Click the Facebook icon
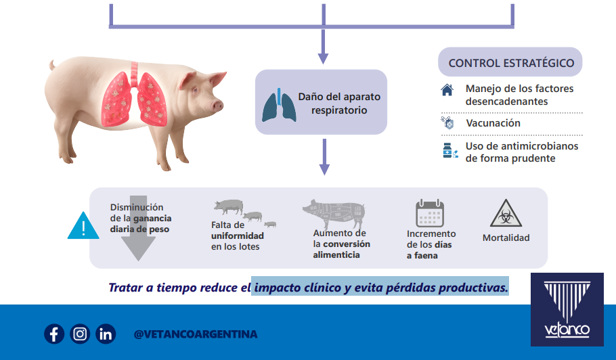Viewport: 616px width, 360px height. (54, 334)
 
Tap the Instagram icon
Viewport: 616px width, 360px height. (80, 334)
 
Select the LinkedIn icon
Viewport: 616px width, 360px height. (106, 334)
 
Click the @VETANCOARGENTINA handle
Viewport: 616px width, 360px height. (196, 334)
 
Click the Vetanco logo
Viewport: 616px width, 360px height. (567, 309)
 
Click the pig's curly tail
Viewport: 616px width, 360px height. (51, 65)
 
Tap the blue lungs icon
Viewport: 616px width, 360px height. (279, 105)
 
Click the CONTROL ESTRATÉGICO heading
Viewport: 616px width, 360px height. (511, 63)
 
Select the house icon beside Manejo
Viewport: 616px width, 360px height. (447, 90)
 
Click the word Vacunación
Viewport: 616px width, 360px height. (493, 123)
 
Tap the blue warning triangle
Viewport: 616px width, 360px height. (83, 227)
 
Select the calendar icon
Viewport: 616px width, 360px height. (430, 212)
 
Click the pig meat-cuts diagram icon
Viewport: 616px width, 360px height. (334, 215)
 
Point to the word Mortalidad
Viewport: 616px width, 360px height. (506, 238)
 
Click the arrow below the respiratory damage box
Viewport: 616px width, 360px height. (324, 157)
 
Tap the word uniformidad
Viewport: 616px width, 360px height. (238, 235)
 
